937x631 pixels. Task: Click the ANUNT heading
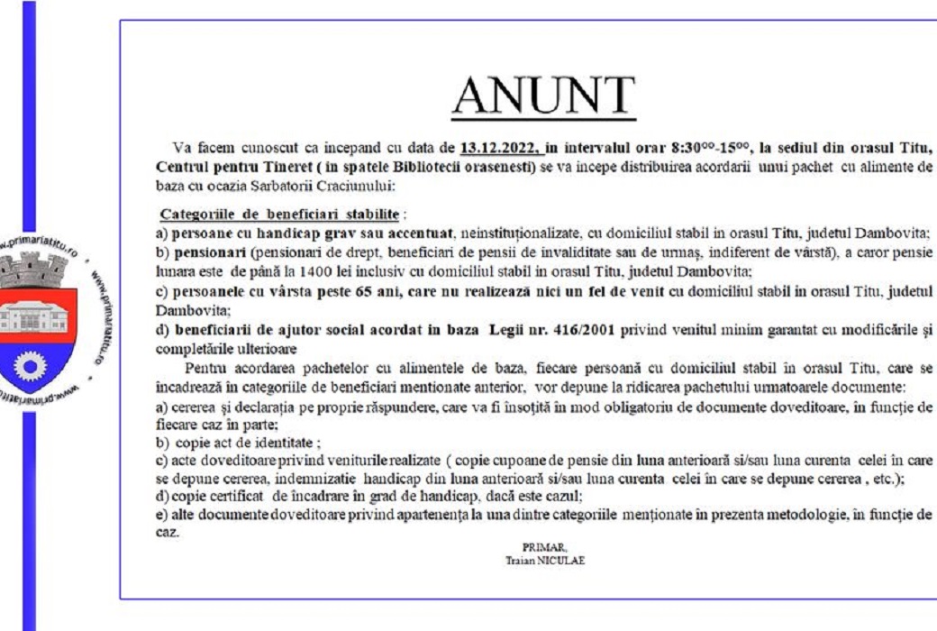pos(543,97)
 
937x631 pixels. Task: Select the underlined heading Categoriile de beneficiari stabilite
pos(280,215)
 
